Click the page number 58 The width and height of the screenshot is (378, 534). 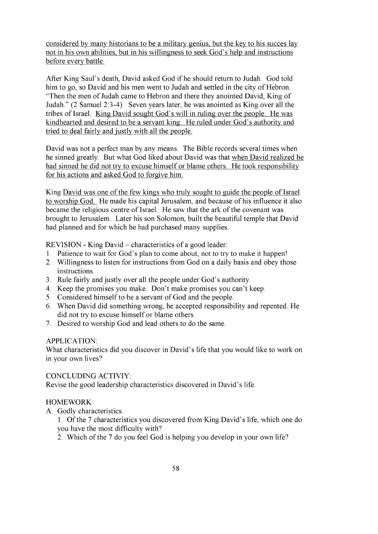coord(176,468)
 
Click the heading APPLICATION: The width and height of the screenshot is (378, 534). coord(71,341)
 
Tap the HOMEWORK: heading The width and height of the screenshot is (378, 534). coord(68,402)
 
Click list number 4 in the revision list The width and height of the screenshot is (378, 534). coord(49,289)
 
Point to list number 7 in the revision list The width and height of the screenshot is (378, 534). coord(49,323)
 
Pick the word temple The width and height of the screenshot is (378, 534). coord(248,218)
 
